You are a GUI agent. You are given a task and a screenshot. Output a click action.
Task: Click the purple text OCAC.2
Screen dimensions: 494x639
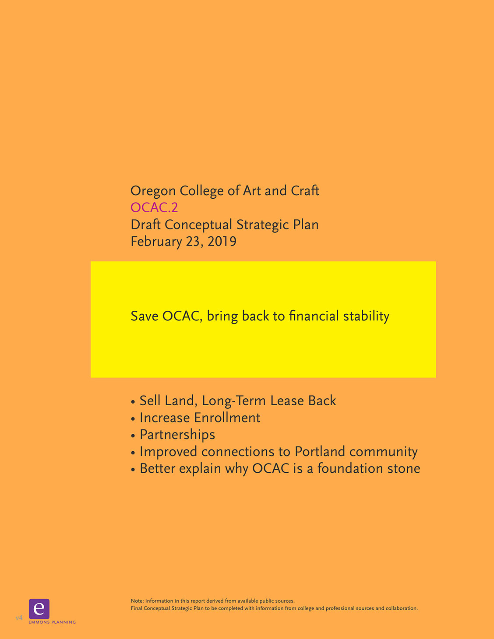154,207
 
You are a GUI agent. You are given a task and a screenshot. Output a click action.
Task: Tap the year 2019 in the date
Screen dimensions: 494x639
222,242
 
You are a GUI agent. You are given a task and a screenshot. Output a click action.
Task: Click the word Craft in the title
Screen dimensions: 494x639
305,191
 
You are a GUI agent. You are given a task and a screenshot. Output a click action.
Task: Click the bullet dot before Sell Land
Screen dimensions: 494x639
133,402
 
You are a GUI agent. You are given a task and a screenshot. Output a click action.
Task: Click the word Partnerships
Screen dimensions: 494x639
177,435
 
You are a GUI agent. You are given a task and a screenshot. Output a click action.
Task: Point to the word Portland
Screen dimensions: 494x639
320,452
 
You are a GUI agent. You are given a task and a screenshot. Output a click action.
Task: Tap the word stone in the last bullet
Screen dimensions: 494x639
404,469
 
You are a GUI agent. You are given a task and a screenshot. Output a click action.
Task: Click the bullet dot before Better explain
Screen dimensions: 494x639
133,470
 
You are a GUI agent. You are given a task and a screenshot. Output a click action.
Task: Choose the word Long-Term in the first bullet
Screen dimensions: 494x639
234,401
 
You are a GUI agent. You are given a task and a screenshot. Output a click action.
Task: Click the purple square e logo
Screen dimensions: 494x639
39,609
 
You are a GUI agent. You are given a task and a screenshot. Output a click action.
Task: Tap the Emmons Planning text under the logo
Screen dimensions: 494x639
52,622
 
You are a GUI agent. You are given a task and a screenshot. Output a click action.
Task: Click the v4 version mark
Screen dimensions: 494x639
19,618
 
